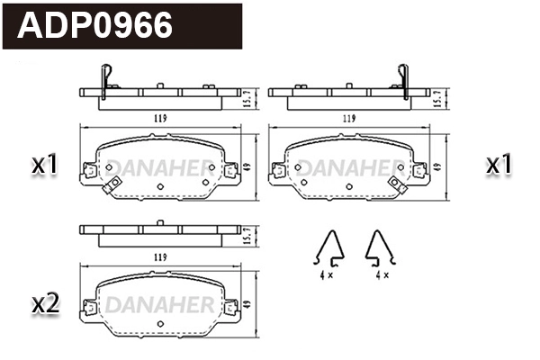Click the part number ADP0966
pos(95,25)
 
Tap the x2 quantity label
pos(45,304)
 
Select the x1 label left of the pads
pos(45,165)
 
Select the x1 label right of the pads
pos(499,165)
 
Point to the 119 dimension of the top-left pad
pos(160,118)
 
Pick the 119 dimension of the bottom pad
pos(160,257)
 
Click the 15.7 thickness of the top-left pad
pos(249,94)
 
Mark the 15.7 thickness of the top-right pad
pos(439,94)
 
